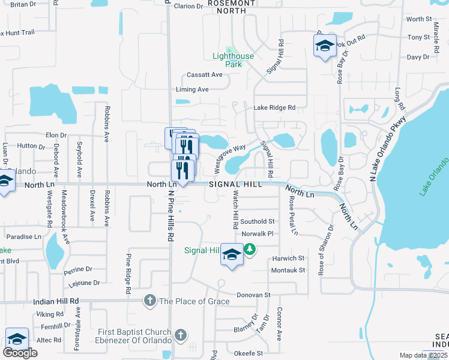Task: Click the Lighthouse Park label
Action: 234,60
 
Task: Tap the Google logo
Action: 20,353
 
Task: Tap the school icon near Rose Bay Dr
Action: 324,46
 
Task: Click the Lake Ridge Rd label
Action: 274,108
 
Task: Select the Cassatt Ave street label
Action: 204,75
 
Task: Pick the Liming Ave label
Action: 192,89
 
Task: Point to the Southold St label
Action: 258,222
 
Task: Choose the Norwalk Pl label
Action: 257,233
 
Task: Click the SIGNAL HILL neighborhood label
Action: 235,184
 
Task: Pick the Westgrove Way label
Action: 231,153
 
